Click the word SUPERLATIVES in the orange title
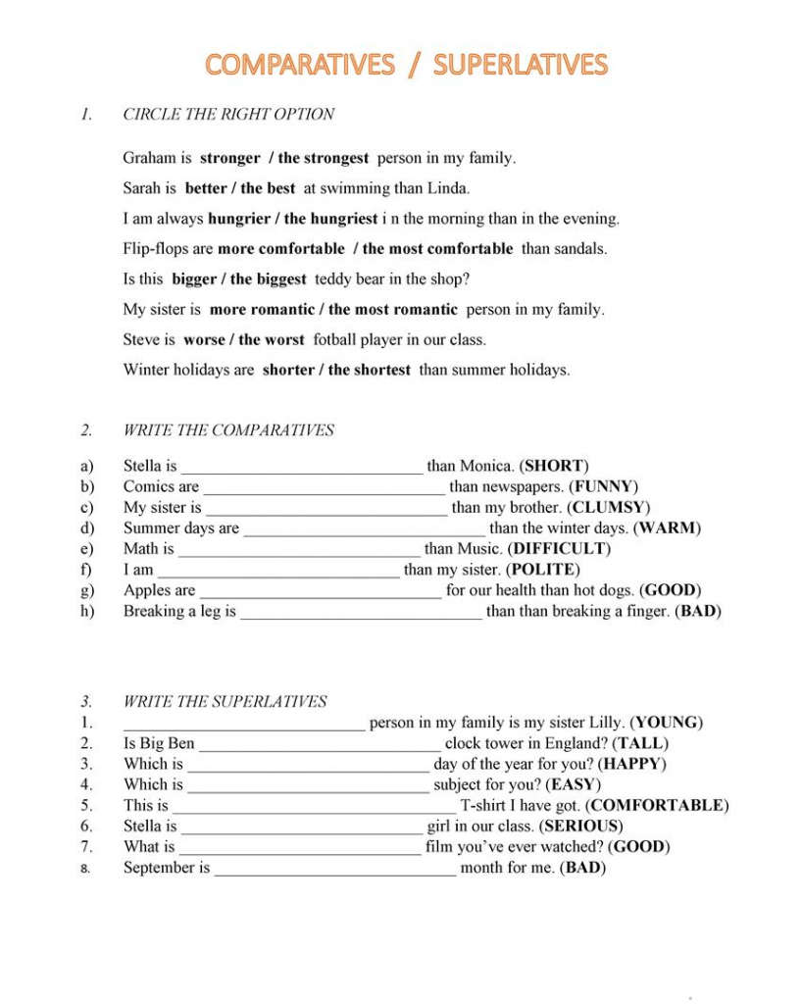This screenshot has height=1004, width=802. click(x=521, y=65)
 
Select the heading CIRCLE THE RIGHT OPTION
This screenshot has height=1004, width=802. click(x=228, y=114)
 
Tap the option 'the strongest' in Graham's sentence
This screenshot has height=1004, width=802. click(x=324, y=158)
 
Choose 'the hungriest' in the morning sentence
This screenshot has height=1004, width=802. click(x=330, y=219)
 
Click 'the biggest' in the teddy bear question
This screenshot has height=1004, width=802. click(x=268, y=279)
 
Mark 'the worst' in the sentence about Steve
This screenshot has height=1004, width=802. click(x=272, y=340)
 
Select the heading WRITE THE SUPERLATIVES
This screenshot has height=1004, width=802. click(x=226, y=701)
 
